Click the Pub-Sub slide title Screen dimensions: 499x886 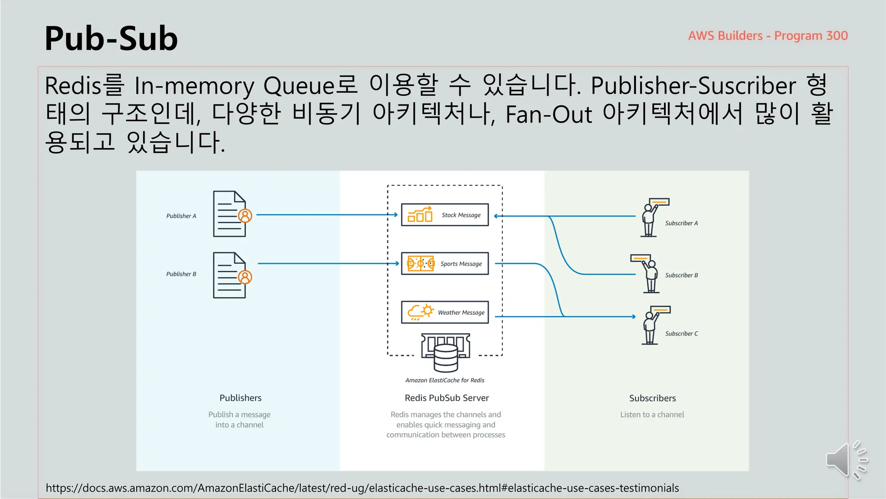click(111, 39)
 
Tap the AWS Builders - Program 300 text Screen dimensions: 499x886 click(767, 36)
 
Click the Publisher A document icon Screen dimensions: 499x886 click(230, 214)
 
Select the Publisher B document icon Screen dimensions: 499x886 click(230, 275)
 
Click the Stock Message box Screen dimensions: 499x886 click(445, 215)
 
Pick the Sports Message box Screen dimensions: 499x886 click(445, 263)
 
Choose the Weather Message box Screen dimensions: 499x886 click(445, 312)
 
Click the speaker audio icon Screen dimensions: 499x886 click(845, 460)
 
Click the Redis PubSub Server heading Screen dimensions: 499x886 click(446, 398)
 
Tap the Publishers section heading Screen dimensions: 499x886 click(240, 398)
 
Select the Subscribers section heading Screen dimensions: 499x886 click(652, 398)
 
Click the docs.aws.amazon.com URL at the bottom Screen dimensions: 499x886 click(362, 488)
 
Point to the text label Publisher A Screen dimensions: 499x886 click(181, 216)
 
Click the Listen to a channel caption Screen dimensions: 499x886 click(652, 415)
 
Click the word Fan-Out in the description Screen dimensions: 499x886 click(548, 114)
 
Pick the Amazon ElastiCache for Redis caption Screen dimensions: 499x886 click(445, 380)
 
